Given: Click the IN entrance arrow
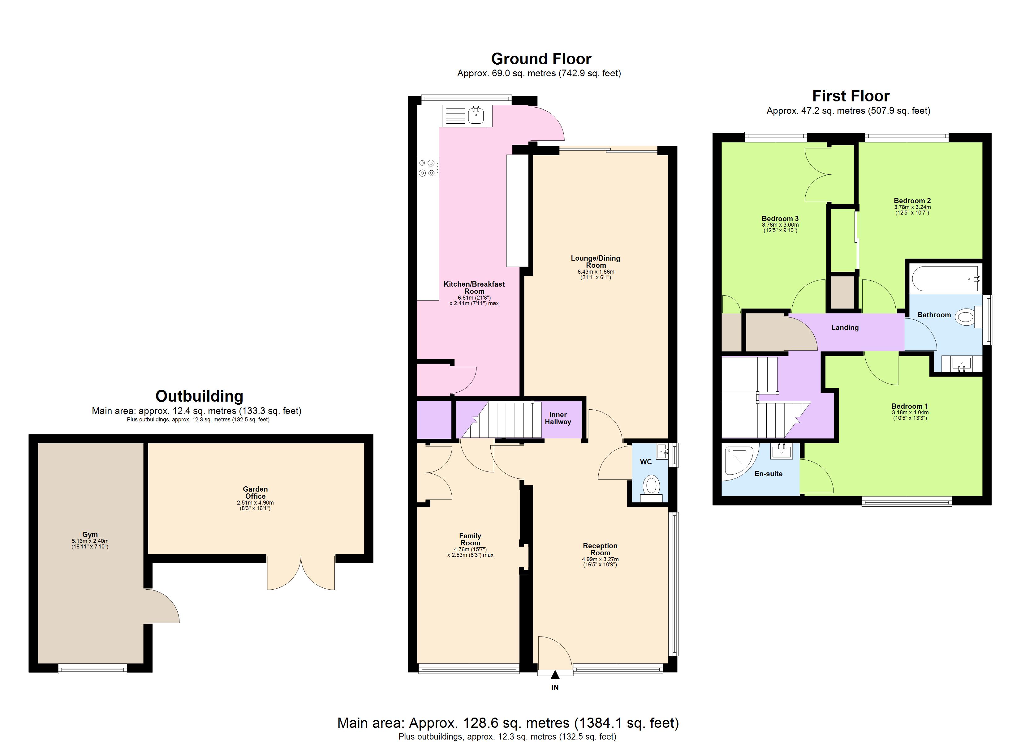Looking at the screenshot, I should tap(555, 675).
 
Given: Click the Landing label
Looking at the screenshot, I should tap(845, 328).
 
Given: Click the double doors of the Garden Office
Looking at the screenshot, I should tap(301, 574).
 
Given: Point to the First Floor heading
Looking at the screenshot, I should tap(851, 96).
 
